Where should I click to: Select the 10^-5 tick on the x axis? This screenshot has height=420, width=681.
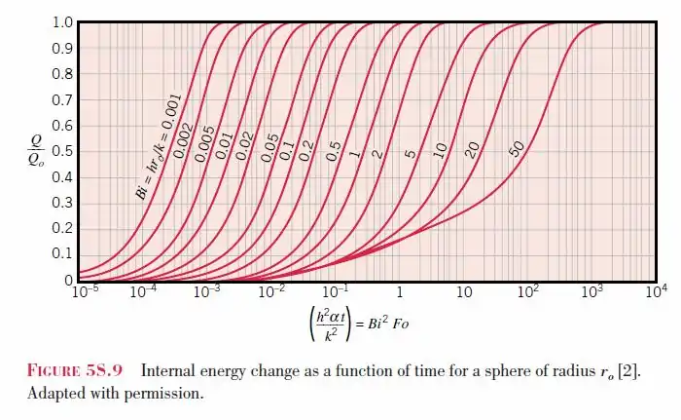[87, 291]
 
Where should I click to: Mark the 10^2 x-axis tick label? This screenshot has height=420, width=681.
[529, 291]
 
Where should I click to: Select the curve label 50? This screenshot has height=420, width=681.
[517, 148]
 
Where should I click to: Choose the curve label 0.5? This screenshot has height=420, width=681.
[334, 151]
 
